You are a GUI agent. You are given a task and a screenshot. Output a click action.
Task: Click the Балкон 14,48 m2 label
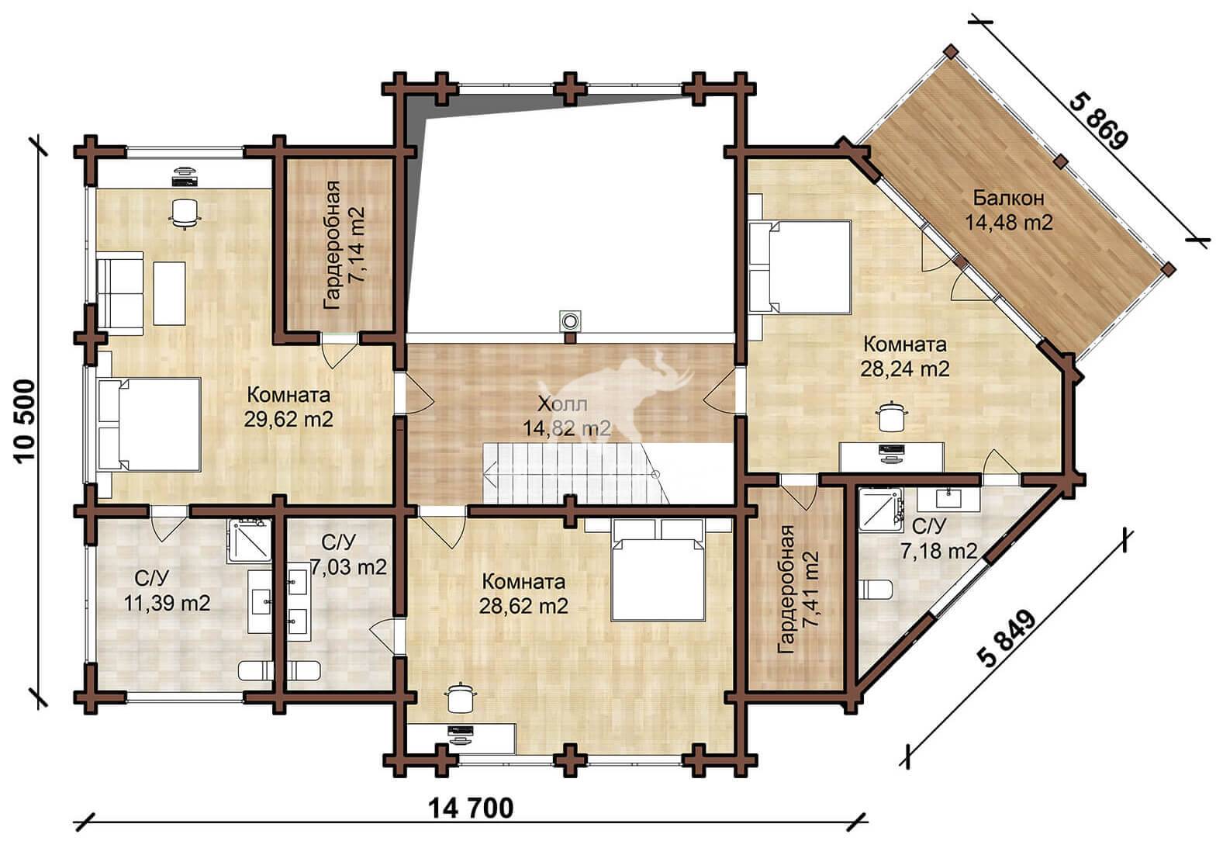pos(1009,210)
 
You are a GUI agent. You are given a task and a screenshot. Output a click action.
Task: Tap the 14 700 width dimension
pos(471,808)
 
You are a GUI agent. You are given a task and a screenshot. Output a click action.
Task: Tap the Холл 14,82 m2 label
pos(566,417)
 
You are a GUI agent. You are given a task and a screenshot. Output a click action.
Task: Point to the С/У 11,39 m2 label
pos(167,591)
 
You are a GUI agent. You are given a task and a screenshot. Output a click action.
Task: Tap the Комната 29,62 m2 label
pos(288,407)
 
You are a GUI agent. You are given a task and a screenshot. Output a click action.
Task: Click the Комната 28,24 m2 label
pos(905,356)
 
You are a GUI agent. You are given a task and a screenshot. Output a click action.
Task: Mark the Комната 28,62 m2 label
pos(523,594)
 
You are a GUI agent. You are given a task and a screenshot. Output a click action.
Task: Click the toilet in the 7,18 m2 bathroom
pos(875,590)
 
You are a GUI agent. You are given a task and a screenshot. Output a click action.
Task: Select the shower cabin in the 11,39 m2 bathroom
pos(249,541)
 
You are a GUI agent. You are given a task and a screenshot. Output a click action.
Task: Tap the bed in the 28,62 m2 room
pos(657,569)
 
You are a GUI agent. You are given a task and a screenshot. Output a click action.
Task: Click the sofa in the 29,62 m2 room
pos(120,292)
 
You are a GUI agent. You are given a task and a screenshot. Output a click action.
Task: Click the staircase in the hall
pos(575,472)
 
